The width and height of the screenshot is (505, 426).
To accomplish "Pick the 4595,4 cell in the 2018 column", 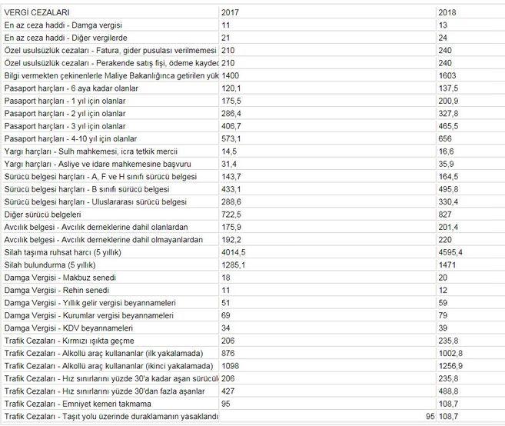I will [450, 251].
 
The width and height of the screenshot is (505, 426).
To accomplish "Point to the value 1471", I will [447, 263].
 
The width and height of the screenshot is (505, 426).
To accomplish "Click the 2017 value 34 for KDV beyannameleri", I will [226, 328].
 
